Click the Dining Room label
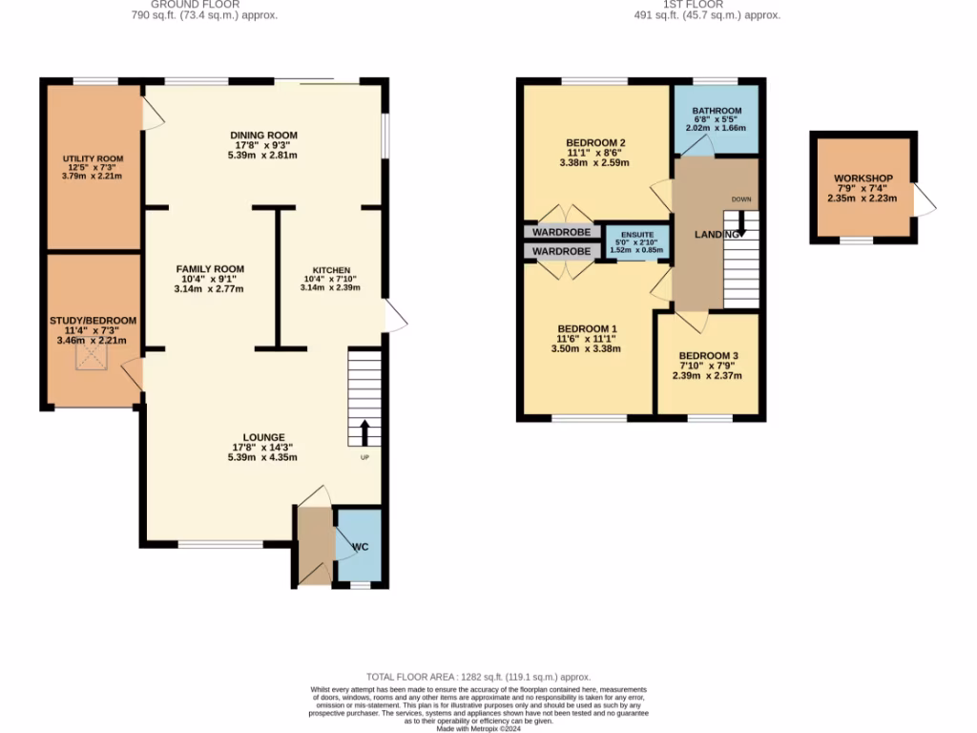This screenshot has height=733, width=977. point(263,135)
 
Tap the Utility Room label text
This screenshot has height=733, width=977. point(93,158)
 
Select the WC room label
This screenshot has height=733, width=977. point(361,547)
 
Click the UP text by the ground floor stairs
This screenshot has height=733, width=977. point(364,458)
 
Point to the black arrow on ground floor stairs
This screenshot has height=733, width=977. point(364,432)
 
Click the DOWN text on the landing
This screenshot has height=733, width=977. point(741,199)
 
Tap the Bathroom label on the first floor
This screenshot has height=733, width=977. point(717,111)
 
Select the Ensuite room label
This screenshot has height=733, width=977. point(637,235)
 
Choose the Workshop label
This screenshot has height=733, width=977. point(863,179)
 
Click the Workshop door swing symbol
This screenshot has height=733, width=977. point(925,199)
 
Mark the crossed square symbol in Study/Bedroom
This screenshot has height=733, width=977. point(93,358)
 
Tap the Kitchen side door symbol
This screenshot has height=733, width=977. point(395,317)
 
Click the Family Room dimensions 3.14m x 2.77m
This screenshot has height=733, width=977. point(209,289)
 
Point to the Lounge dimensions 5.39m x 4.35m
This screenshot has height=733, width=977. point(263,457)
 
